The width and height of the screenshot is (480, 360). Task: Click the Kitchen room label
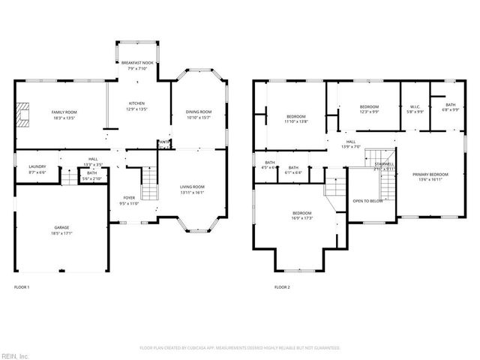(136, 106)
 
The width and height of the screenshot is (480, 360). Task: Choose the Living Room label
(193, 190)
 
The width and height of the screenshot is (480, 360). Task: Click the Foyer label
(129, 200)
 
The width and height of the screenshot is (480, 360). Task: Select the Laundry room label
(37, 169)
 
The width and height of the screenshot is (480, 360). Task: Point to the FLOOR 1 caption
(22, 286)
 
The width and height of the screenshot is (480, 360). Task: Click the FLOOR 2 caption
(282, 286)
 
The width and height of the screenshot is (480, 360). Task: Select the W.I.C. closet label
(415, 109)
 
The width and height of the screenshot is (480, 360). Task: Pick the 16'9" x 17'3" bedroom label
(301, 215)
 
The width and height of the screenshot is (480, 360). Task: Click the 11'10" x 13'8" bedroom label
(296, 119)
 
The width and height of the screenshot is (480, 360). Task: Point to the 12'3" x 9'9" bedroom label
(369, 109)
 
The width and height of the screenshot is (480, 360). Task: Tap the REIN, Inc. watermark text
(14, 355)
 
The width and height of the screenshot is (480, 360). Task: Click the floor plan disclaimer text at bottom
(240, 348)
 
